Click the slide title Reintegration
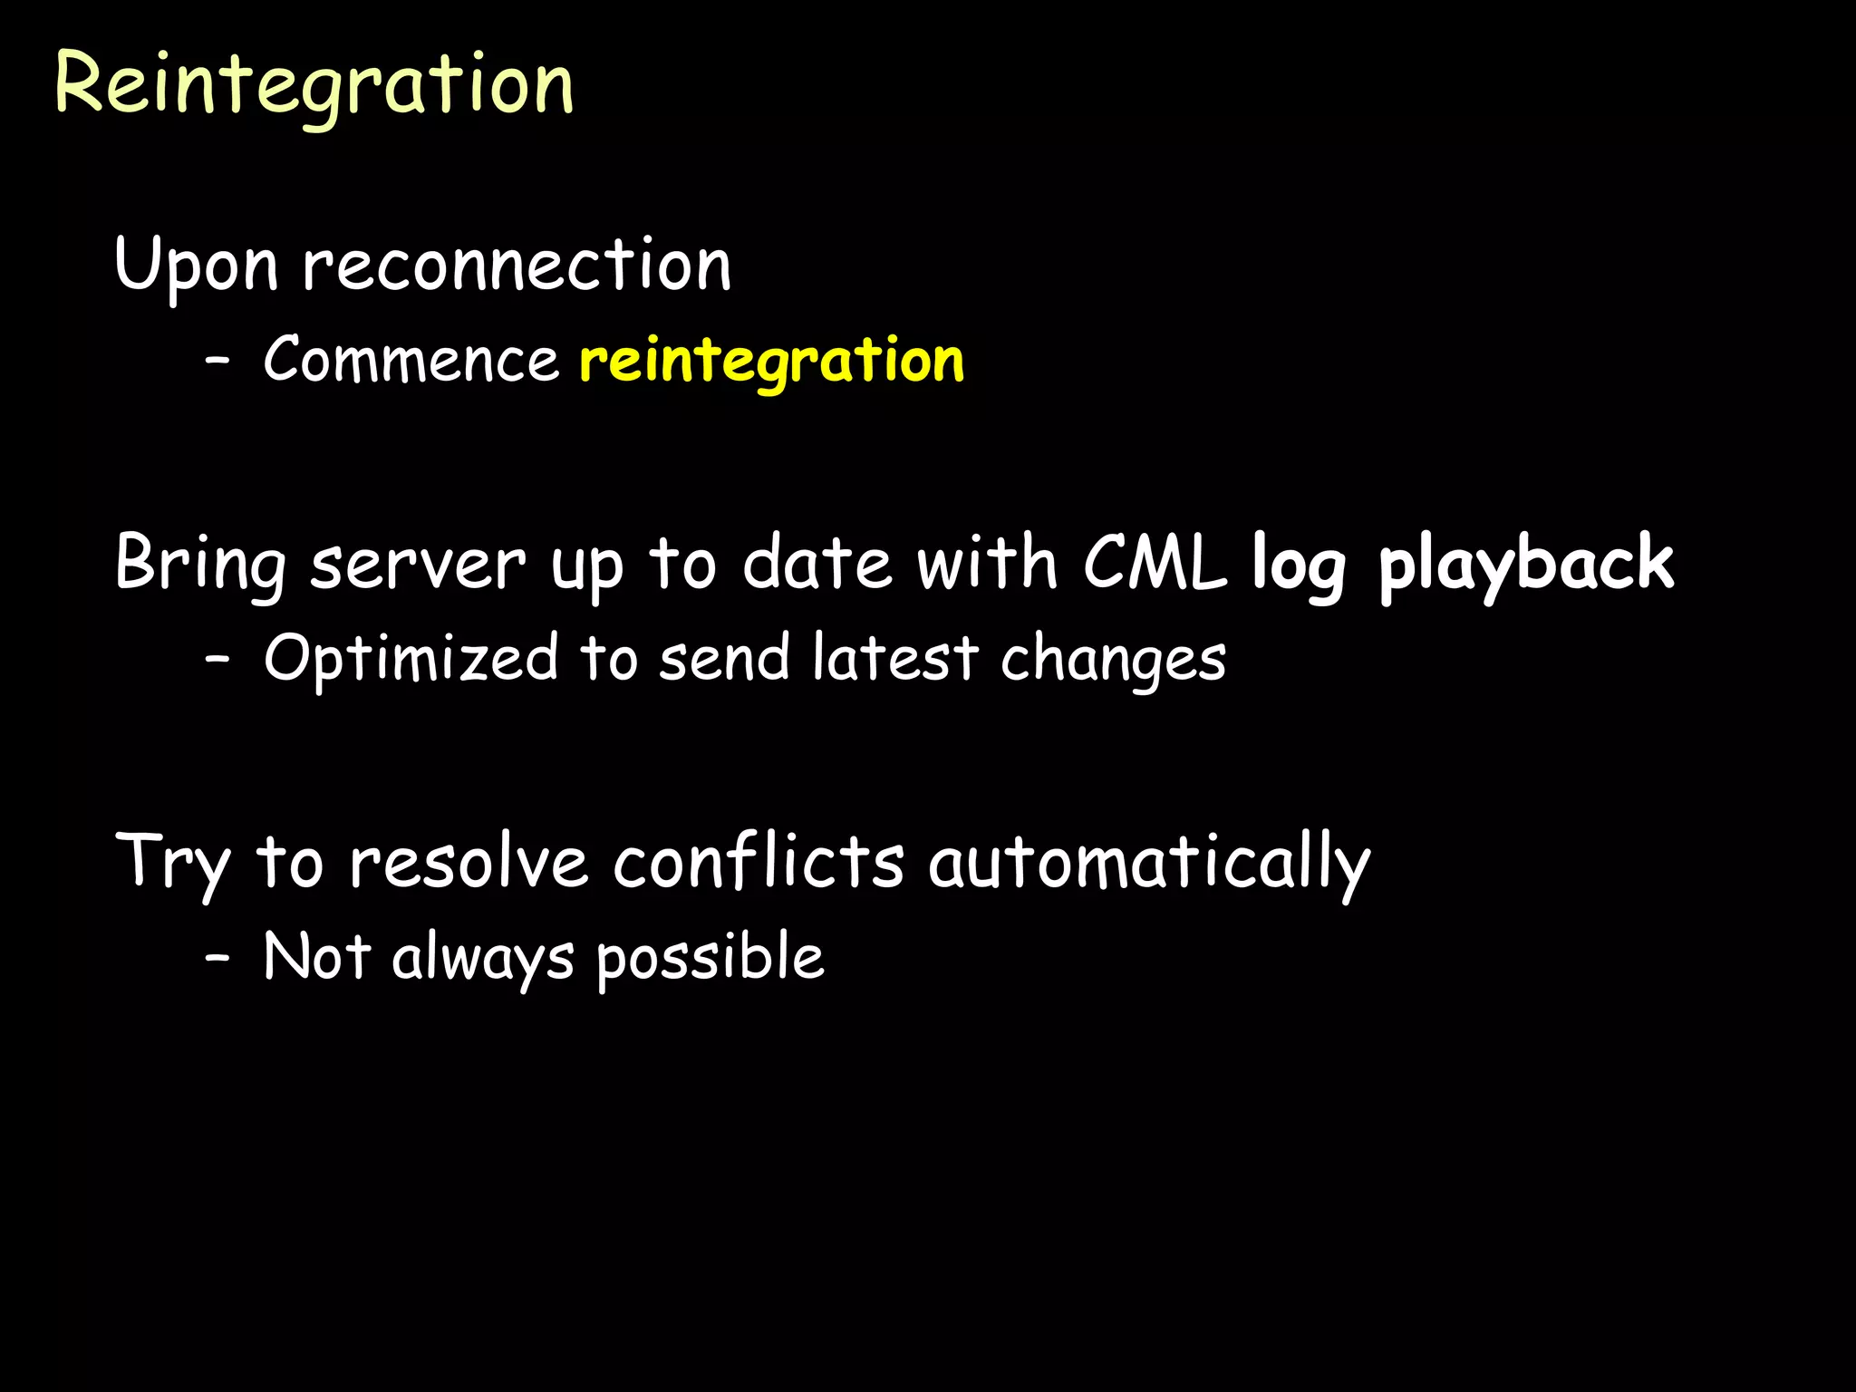pyautogui.click(x=314, y=84)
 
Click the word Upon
pyautogui.click(x=196, y=265)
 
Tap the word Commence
pyautogui.click(x=411, y=360)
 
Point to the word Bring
pyautogui.click(x=200, y=563)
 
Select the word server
pyautogui.click(x=418, y=565)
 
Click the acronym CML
pyautogui.click(x=1155, y=563)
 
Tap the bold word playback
pyautogui.click(x=1526, y=564)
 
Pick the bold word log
pyautogui.click(x=1299, y=565)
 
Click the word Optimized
pyautogui.click(x=411, y=659)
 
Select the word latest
pyautogui.click(x=895, y=658)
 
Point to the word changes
pyautogui.click(x=1113, y=661)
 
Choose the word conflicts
pyautogui.click(x=759, y=861)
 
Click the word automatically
pyautogui.click(x=1149, y=863)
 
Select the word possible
pyautogui.click(x=710, y=959)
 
